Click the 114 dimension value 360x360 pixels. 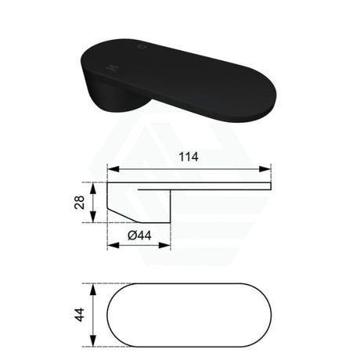tap(189, 157)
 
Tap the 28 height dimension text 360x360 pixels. tap(80, 202)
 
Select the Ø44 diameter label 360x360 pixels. tap(139, 236)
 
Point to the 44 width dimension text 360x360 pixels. tap(80, 315)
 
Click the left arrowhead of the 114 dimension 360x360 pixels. tap(113, 169)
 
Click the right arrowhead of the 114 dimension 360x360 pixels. tap(265, 169)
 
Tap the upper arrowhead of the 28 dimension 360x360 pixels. tap(93, 189)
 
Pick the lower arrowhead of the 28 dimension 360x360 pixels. tap(93, 217)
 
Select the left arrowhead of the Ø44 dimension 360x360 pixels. tap(113, 245)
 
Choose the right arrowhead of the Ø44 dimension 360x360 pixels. tap(164, 245)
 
